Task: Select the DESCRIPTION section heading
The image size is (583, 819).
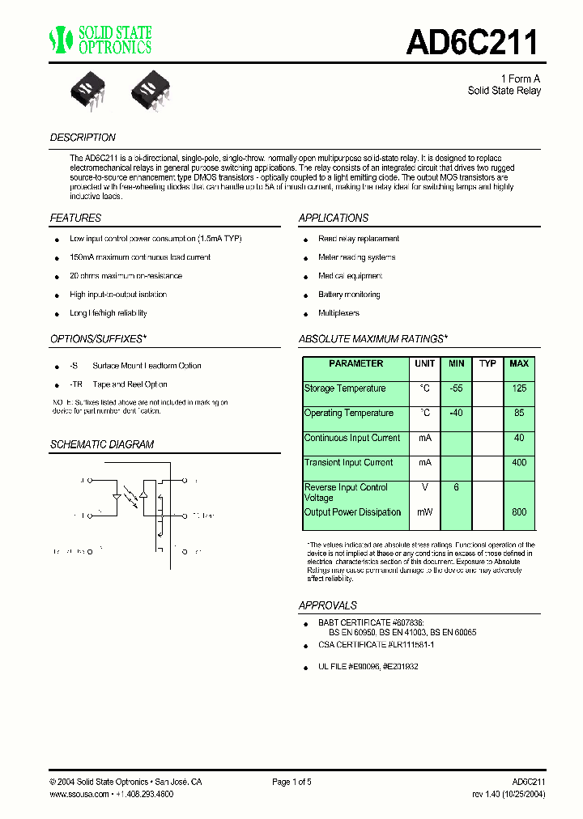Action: point(83,138)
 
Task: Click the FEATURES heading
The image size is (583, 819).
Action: point(75,218)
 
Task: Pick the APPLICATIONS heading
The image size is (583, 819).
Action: point(334,218)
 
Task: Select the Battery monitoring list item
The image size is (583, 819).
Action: point(349,295)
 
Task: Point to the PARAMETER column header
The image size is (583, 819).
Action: point(356,364)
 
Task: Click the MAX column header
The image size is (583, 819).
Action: point(519,364)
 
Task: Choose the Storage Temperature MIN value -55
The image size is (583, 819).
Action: point(456,388)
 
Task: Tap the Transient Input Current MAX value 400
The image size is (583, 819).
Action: point(519,463)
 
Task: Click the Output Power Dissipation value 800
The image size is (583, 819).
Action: point(519,512)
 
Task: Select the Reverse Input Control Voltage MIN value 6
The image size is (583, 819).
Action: point(456,488)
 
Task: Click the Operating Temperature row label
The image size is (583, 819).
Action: point(349,414)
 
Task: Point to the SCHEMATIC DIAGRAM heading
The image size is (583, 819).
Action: point(102,444)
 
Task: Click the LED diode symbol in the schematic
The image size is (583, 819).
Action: point(117,496)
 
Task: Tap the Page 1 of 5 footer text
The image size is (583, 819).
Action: point(291,782)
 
